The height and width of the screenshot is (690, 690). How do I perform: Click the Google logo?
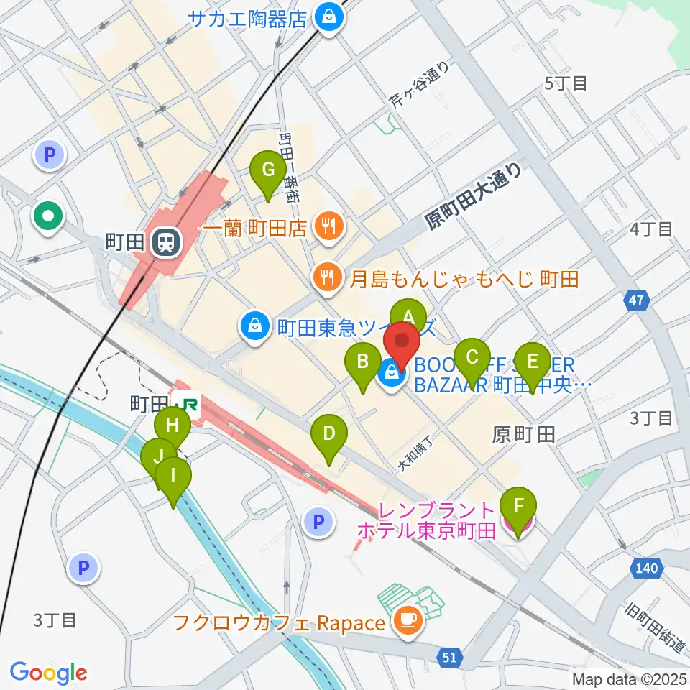pos(48,673)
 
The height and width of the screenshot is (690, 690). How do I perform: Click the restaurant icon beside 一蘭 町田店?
pos(329,228)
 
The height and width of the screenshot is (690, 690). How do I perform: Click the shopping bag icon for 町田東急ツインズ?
pos(254,328)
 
